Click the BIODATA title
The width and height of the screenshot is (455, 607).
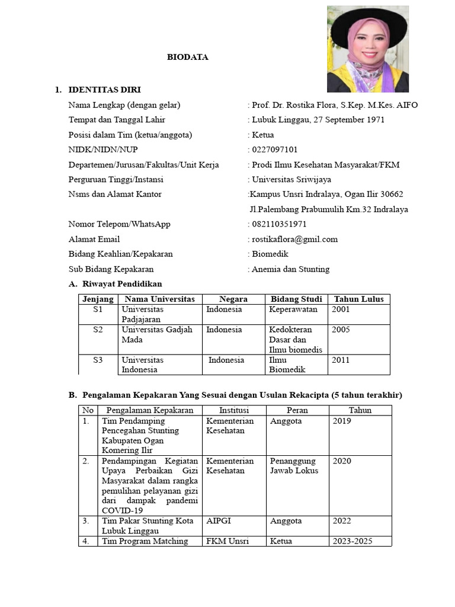187,57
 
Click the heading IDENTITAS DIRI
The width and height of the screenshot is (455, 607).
104,90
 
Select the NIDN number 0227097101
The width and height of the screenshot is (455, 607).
275,150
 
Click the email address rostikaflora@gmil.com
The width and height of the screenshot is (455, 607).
294,239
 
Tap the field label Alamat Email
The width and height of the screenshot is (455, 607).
94,239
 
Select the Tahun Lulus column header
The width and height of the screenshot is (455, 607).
358,299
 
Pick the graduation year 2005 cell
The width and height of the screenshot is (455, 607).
341,330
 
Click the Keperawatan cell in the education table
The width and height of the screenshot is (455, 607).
293,309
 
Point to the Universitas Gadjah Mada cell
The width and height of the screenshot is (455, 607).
157,334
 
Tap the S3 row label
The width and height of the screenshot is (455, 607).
98,360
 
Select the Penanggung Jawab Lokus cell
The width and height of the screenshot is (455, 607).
294,466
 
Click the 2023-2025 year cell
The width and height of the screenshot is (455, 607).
353,541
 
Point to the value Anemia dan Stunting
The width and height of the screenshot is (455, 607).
290,269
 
